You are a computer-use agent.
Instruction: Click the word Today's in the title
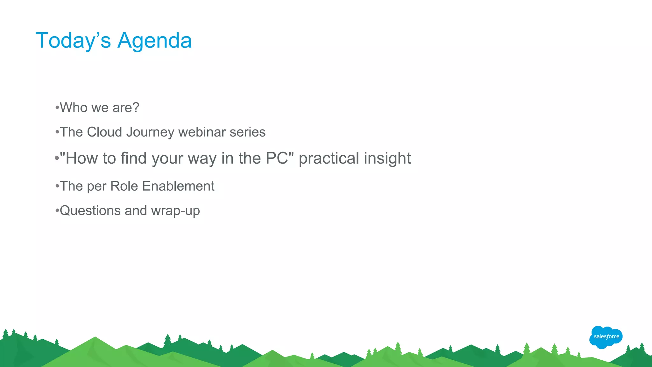click(x=73, y=41)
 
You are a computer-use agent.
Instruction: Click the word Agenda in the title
click(x=154, y=41)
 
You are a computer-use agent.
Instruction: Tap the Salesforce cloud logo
click(x=606, y=337)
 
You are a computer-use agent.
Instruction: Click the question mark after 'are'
click(x=136, y=108)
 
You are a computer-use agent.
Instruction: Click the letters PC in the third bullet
click(x=277, y=158)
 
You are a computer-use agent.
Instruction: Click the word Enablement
click(x=178, y=186)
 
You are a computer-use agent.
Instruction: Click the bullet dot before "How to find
click(x=57, y=158)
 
